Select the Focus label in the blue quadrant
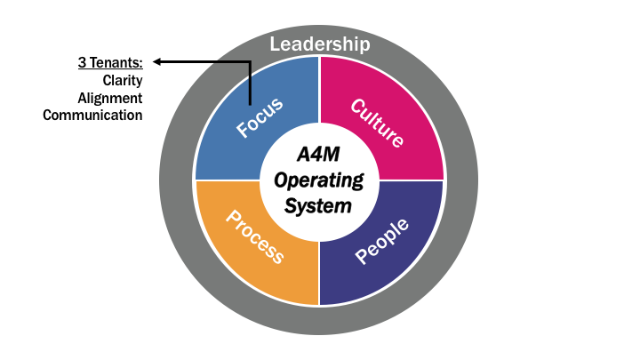click(x=260, y=117)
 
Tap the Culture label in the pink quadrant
click(x=378, y=123)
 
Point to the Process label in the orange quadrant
click(x=255, y=237)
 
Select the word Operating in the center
click(x=319, y=181)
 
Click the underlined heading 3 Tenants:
click(x=108, y=63)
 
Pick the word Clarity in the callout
click(x=122, y=80)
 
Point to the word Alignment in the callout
click(x=110, y=98)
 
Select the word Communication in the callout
click(x=92, y=116)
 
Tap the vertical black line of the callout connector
click(x=250, y=84)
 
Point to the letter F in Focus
click(x=242, y=132)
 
